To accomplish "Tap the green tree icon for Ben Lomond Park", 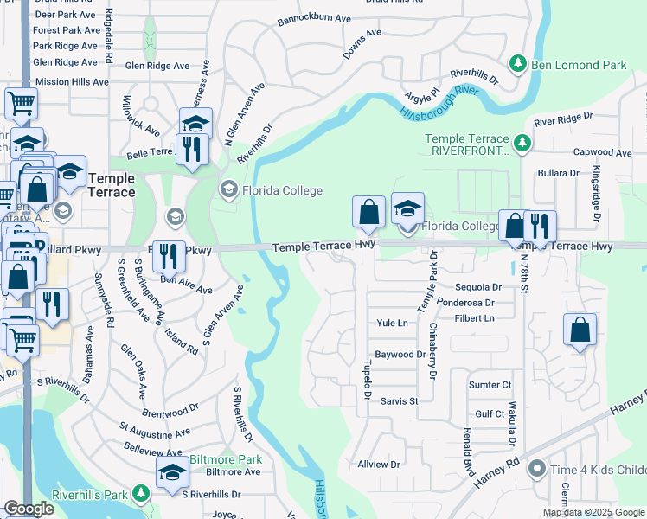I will point(518,63).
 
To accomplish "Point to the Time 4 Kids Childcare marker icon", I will point(537,470).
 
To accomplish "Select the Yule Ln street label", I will point(392,323).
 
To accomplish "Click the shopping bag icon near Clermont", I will point(580,330).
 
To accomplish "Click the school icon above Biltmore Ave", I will point(172,471).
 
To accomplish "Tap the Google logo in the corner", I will point(29,509).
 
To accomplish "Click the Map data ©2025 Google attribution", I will point(593,512).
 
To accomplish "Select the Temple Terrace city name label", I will point(112,185).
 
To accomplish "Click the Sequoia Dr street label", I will point(478,287).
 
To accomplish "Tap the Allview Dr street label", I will point(379,465).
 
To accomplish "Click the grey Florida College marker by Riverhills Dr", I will point(229,189).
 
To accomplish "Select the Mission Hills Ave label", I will point(71,82).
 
